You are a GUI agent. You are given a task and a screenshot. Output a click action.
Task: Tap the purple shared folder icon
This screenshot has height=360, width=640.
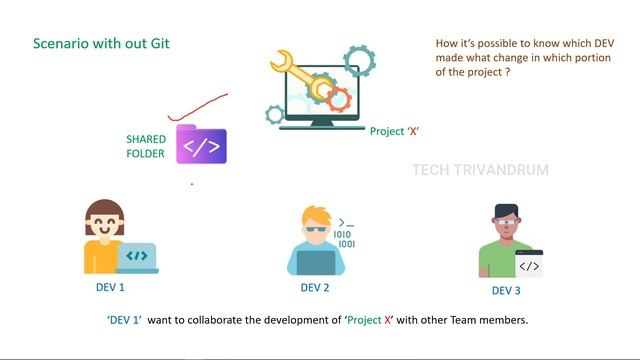click(x=201, y=145)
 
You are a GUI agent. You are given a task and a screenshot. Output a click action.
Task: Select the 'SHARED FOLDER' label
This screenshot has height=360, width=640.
click(x=145, y=146)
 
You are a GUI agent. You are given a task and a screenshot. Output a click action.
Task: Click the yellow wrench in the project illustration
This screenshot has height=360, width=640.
click(x=299, y=75)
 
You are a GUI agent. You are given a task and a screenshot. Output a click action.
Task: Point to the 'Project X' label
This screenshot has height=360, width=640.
click(x=393, y=131)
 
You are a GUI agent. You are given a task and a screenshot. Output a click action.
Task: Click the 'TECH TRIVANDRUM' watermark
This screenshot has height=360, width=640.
click(x=480, y=170)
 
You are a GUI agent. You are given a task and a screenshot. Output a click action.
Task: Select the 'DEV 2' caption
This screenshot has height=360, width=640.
click(x=315, y=288)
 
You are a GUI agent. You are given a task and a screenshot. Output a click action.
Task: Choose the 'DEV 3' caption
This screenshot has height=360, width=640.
click(x=506, y=290)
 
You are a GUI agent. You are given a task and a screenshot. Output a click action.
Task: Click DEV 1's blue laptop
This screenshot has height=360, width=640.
click(x=137, y=257)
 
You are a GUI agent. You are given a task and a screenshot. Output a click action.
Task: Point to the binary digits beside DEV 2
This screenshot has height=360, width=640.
click(x=345, y=239)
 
